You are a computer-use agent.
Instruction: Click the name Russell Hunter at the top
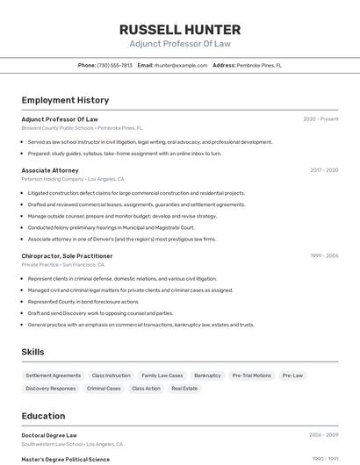[179, 30]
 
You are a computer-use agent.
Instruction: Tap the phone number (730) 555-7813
[114, 65]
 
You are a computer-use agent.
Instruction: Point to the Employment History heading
[65, 100]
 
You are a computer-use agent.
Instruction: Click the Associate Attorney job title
[50, 170]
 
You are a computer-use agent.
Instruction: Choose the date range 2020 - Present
[320, 119]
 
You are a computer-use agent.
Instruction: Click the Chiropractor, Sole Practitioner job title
[67, 256]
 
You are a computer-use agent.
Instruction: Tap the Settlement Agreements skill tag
[54, 376]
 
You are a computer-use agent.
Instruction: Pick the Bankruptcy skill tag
[207, 376]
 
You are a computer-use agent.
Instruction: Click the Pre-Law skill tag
[292, 376]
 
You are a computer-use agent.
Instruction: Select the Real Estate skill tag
[184, 388]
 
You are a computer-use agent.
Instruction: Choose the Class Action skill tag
[146, 388]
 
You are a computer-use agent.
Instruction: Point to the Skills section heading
[33, 352]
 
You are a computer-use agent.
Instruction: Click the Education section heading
[43, 416]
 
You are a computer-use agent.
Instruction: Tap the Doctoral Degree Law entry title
[49, 435]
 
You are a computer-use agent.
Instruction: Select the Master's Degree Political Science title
[66, 459]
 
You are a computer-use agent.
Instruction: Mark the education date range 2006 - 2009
[323, 435]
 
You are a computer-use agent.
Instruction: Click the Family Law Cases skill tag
[162, 376]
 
